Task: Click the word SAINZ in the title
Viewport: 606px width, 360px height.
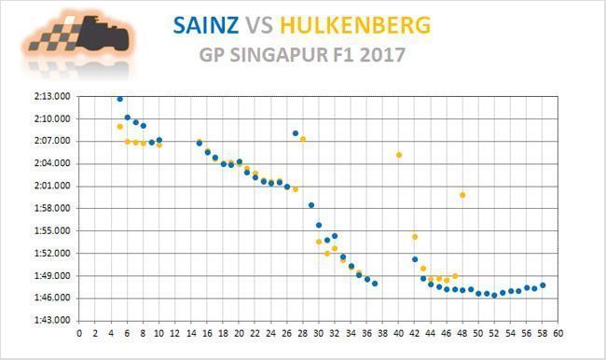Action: click(206, 25)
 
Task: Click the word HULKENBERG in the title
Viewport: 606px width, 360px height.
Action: click(355, 25)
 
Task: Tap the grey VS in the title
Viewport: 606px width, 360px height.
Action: click(259, 25)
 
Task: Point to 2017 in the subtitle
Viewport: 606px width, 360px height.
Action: click(382, 55)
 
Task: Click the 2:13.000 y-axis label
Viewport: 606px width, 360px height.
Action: click(52, 96)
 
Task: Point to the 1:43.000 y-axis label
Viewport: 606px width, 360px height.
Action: click(52, 321)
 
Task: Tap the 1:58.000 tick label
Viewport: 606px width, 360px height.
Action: click(52, 208)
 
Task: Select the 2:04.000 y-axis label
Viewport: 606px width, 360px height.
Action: click(52, 163)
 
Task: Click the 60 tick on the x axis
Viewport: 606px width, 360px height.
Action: click(558, 333)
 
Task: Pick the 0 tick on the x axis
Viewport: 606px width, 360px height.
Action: click(79, 333)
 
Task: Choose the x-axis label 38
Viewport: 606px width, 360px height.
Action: click(382, 333)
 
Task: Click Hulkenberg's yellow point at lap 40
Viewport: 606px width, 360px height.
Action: click(399, 155)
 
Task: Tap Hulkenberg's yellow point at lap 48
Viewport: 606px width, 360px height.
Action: click(462, 195)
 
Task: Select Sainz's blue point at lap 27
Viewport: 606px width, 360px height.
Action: click(296, 133)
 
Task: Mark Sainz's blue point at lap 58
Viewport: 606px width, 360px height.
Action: click(543, 285)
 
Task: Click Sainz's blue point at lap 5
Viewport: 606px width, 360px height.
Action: click(120, 100)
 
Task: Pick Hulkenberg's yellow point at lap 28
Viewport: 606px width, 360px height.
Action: click(303, 139)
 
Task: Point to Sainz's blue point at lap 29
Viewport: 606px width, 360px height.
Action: click(311, 205)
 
